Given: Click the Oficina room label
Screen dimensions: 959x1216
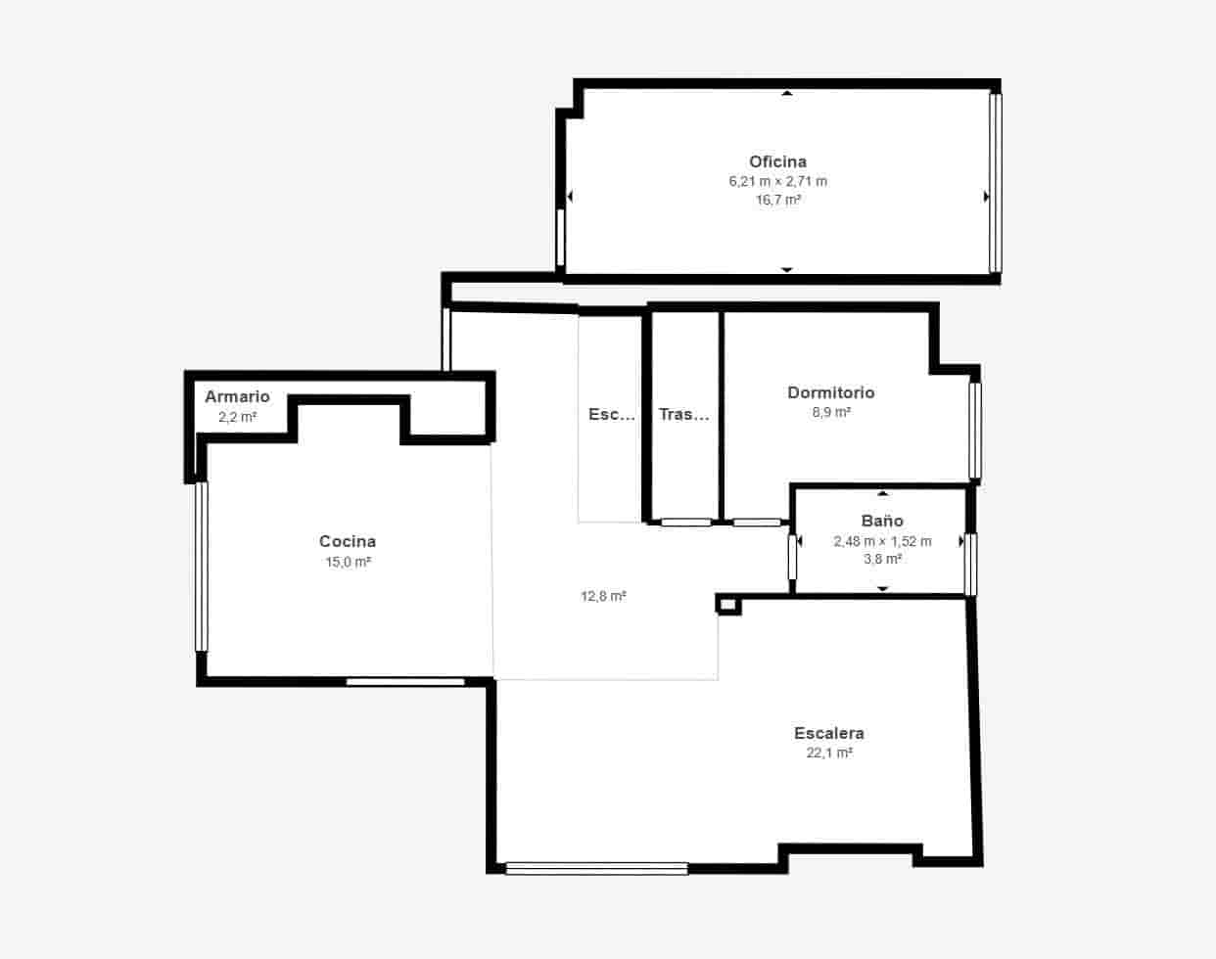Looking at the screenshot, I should coord(777,161).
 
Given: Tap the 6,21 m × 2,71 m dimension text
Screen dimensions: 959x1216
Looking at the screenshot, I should coord(777,181).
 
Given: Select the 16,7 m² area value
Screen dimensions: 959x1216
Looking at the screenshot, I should coord(777,200).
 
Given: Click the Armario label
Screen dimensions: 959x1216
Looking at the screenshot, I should coord(237,396).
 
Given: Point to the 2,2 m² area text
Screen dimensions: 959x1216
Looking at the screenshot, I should coord(237,416).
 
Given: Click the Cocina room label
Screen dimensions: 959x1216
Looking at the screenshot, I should coord(348,541).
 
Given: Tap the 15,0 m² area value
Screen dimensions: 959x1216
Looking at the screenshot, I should coord(348,562).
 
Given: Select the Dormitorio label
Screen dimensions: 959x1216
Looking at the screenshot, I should coord(831,392).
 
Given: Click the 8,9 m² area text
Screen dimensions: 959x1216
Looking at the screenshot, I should coord(831,412).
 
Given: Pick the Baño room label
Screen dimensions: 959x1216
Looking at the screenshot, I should coord(882,521).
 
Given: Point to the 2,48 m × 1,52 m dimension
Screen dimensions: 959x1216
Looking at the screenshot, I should coord(882,540).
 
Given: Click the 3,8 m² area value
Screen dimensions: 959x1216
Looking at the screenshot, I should coord(882,559).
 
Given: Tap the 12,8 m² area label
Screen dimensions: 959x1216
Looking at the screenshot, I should coord(603,595).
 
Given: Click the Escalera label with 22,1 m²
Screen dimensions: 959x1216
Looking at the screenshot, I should coord(828,733).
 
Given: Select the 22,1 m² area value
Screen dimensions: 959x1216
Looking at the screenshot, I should coord(828,753).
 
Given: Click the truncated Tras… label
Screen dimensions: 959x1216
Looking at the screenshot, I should coord(683,414).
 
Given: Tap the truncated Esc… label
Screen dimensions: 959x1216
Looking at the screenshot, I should coord(612,414).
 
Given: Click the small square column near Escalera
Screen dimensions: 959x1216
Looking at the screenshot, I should coord(728,605).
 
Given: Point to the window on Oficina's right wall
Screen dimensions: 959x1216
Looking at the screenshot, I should coord(995,182).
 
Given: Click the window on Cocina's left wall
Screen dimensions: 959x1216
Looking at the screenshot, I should coord(202,566).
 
